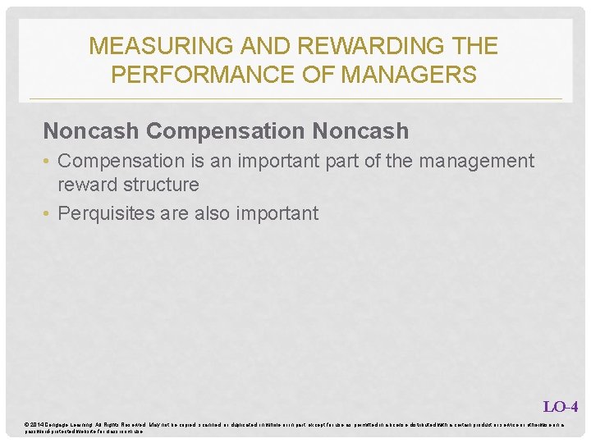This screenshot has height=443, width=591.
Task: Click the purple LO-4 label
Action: click(561, 406)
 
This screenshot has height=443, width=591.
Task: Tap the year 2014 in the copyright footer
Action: click(39, 423)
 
